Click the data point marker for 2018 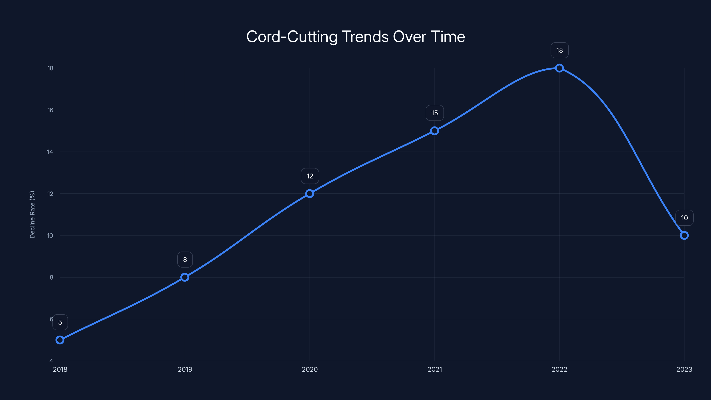click(x=60, y=340)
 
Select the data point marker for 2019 click(x=185, y=277)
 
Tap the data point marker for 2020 click(x=310, y=194)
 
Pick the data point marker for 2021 click(x=434, y=131)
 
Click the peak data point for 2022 click(x=559, y=68)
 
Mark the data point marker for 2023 click(x=684, y=236)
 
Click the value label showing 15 click(x=435, y=113)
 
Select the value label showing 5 click(x=60, y=322)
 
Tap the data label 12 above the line click(x=310, y=176)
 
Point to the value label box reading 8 click(x=185, y=260)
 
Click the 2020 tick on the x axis click(x=310, y=369)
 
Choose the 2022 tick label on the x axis click(x=559, y=369)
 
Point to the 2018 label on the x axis click(x=60, y=369)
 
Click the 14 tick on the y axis click(x=50, y=152)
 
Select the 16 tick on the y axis click(x=50, y=110)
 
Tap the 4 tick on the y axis click(x=51, y=361)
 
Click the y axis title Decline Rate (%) click(x=32, y=214)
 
